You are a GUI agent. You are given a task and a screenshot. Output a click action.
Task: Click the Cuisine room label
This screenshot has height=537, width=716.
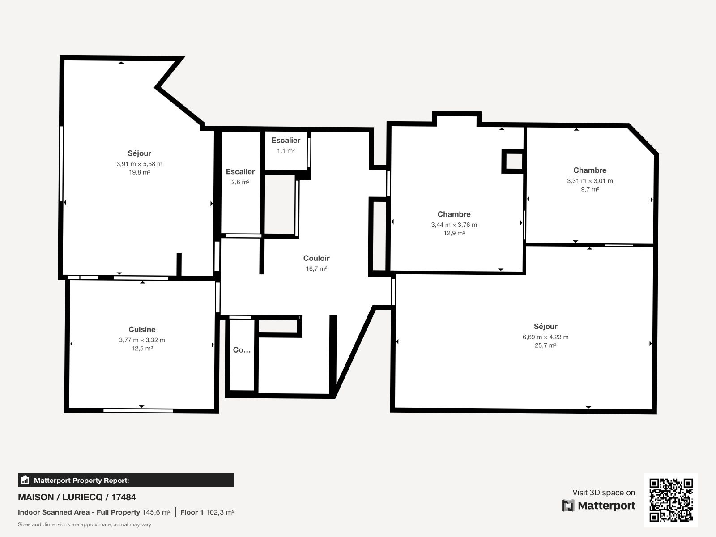142,329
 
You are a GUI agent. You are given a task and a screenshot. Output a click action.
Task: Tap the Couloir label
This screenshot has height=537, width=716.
316,258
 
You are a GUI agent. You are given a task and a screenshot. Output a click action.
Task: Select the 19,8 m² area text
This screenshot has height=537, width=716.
140,172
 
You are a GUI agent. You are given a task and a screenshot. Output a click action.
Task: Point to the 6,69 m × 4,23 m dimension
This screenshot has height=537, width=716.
546,337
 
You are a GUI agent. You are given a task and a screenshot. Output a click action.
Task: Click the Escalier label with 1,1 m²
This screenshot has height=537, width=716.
286,140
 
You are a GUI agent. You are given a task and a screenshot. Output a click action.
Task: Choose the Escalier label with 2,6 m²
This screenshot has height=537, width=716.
240,171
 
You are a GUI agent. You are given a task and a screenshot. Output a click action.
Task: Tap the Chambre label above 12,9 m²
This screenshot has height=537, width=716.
454,214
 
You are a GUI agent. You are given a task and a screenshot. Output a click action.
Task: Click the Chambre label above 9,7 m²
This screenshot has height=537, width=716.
590,170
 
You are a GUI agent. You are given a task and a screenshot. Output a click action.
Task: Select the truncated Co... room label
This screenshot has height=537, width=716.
242,350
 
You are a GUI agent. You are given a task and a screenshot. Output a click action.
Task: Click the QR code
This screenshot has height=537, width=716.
671,500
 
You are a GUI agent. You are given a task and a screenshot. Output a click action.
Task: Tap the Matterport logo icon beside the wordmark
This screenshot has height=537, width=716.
568,506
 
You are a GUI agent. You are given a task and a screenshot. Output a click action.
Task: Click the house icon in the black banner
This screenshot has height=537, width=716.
25,480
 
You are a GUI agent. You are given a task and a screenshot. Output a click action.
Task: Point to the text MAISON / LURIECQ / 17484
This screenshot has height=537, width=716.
77,497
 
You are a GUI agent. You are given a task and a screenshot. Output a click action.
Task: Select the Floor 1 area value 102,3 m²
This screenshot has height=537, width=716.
220,512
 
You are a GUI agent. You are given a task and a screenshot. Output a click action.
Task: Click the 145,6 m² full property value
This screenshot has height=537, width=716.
156,512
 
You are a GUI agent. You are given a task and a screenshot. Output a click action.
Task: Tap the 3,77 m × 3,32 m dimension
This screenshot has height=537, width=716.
142,340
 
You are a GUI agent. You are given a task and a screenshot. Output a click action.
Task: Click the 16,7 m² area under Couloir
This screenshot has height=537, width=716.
316,268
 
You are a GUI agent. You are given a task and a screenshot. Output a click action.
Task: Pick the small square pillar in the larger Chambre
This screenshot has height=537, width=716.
513,161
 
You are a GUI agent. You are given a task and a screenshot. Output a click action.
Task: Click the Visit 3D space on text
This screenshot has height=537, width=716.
604,493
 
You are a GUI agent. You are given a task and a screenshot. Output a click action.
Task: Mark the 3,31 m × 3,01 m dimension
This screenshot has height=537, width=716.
590,181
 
